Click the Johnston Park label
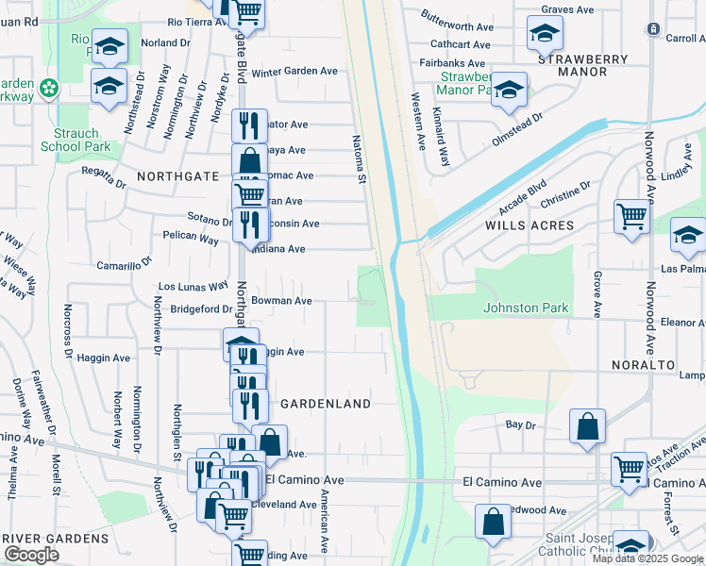(x=525, y=308)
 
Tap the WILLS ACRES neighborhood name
(x=529, y=225)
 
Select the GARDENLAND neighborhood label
(x=326, y=403)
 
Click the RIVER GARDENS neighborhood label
(x=56, y=538)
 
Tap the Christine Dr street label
(x=565, y=193)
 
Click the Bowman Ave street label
(x=281, y=301)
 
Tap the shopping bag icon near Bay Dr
(x=587, y=424)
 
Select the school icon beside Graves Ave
(x=544, y=34)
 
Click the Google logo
(x=32, y=555)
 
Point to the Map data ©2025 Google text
(x=647, y=558)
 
